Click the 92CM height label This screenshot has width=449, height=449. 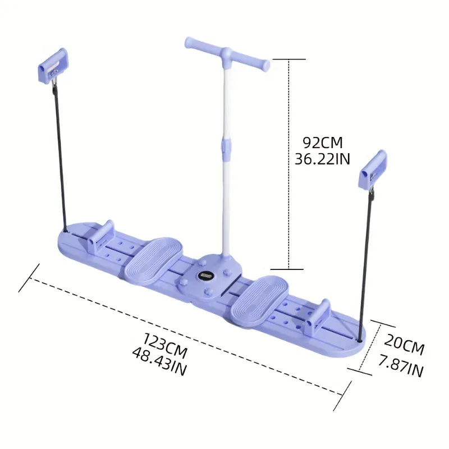pyautogui.click(x=322, y=143)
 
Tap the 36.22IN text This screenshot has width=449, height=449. pyautogui.click(x=322, y=159)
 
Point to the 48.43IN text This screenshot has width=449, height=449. pyautogui.click(x=159, y=359)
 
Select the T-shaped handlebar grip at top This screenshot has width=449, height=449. pyautogui.click(x=227, y=53)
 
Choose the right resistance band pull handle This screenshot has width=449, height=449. pyautogui.click(x=372, y=169)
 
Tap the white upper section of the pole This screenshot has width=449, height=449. pyautogui.click(x=227, y=101)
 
